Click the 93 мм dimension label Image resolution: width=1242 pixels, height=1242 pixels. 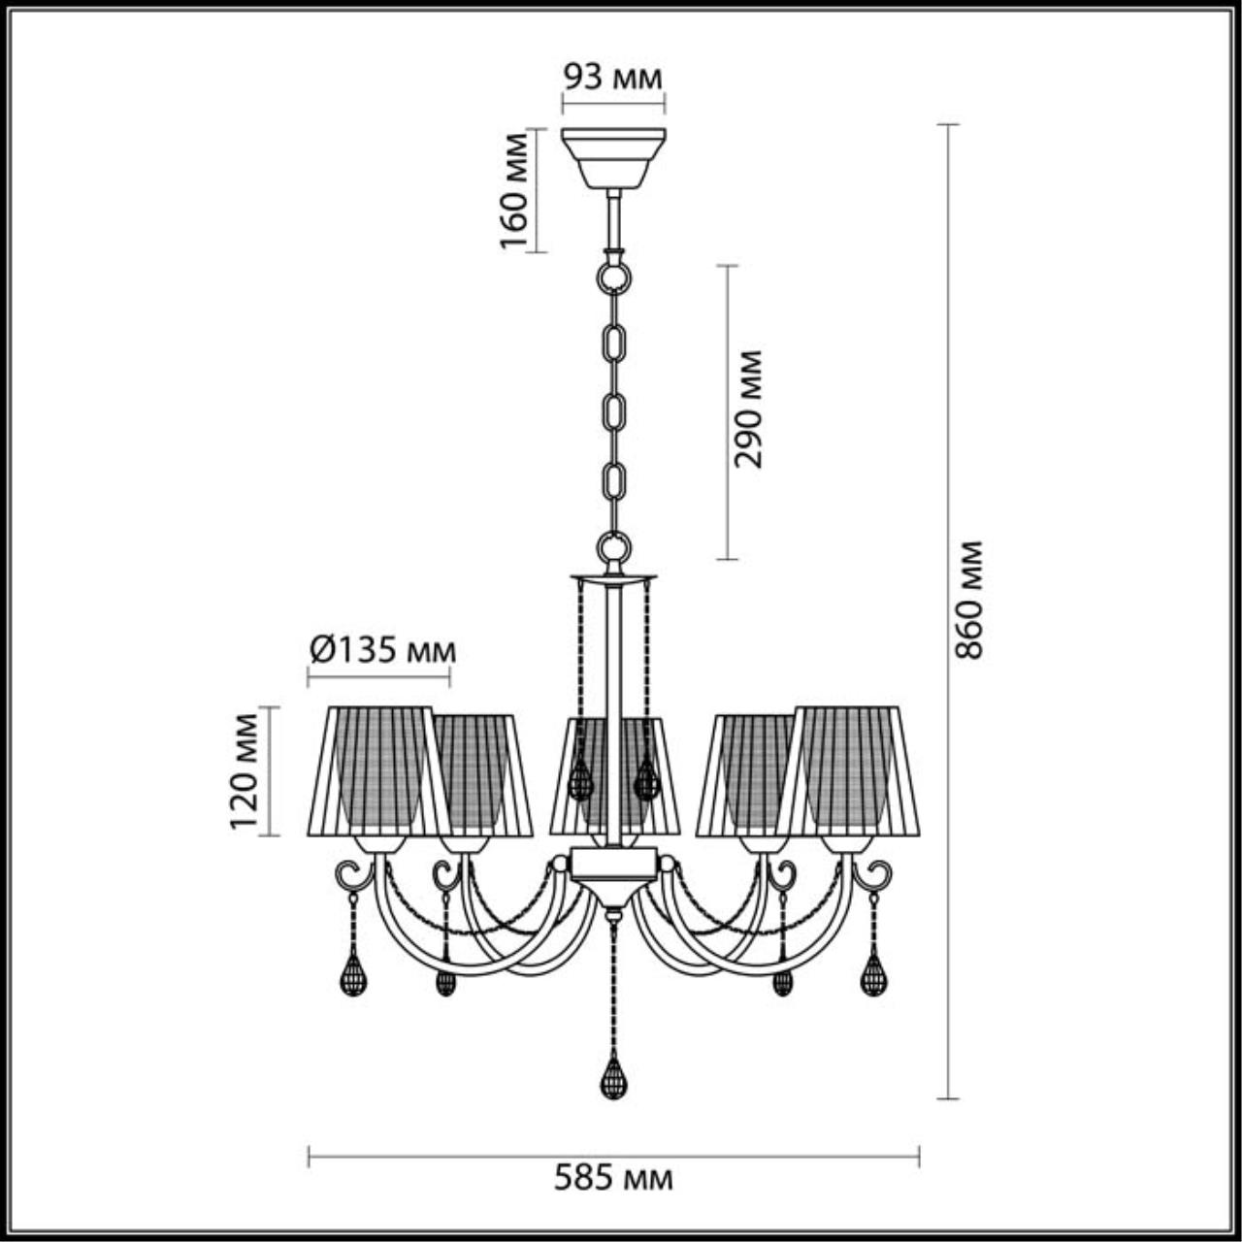pos(613,78)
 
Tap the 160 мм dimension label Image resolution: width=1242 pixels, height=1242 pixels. pos(515,191)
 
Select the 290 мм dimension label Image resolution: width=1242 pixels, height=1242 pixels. pos(748,409)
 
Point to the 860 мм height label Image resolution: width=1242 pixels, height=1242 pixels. pos(968,601)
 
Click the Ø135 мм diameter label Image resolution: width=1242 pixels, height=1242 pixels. pos(380,649)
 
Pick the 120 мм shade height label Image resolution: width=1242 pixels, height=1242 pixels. pos(245,771)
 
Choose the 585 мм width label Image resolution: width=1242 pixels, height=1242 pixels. pos(613,1179)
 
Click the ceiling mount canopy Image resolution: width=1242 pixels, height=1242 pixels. pos(613,158)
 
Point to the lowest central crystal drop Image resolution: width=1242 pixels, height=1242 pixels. pos(612,1077)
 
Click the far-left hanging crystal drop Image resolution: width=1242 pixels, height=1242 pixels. pos(353,974)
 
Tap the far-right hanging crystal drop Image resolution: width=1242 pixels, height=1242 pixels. pos(874,974)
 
